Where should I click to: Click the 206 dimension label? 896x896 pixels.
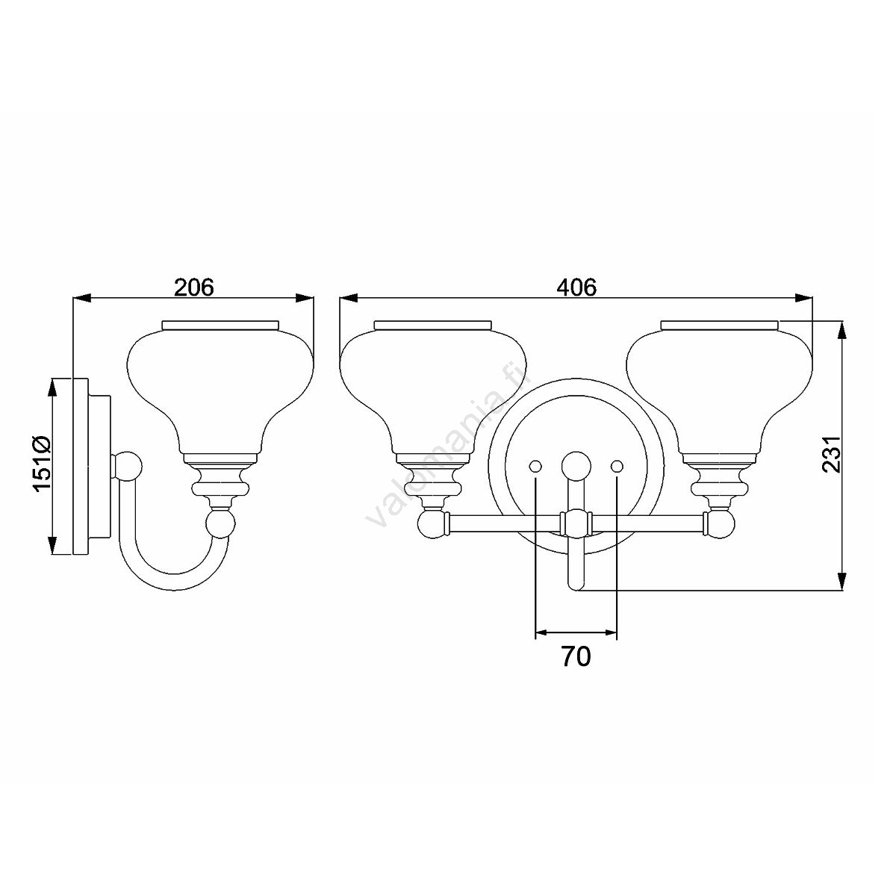[x=194, y=287]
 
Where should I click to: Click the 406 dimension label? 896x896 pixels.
[x=576, y=287]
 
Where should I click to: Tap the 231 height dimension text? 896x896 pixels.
[x=831, y=454]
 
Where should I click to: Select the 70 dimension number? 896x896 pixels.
[x=576, y=656]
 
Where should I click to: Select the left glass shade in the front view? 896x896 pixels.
[x=433, y=391]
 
